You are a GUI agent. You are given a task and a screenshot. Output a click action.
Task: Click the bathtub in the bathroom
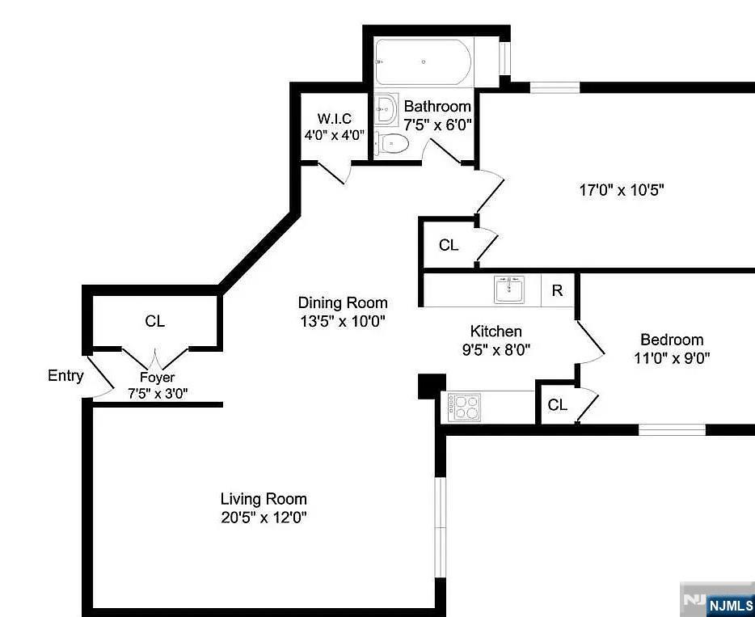(x=424, y=61)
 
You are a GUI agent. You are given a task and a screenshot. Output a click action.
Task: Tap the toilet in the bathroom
(x=391, y=143)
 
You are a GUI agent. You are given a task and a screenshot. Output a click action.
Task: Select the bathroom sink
(x=386, y=109)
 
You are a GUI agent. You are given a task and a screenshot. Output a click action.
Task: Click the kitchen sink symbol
(x=509, y=289)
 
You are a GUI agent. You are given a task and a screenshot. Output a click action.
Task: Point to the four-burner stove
(x=464, y=408)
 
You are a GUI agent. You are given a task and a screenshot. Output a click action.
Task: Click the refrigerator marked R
(x=558, y=290)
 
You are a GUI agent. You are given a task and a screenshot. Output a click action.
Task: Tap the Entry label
(x=65, y=376)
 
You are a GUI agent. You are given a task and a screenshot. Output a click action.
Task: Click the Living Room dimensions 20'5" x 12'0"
(x=264, y=518)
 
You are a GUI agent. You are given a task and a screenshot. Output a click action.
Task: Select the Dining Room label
(x=343, y=303)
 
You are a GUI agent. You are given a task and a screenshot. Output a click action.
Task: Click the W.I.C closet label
(x=334, y=118)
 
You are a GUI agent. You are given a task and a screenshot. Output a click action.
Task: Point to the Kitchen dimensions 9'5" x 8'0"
(x=496, y=349)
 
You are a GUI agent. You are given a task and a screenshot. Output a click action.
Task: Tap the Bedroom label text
(x=672, y=340)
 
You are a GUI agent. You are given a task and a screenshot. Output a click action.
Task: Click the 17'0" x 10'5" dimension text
(x=622, y=190)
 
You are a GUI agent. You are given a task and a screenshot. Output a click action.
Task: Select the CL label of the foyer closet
(x=154, y=321)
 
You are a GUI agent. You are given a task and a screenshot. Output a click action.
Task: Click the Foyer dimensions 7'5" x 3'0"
(x=158, y=394)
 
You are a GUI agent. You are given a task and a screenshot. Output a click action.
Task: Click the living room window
(x=440, y=527)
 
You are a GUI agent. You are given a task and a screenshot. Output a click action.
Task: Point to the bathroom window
(x=504, y=58)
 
